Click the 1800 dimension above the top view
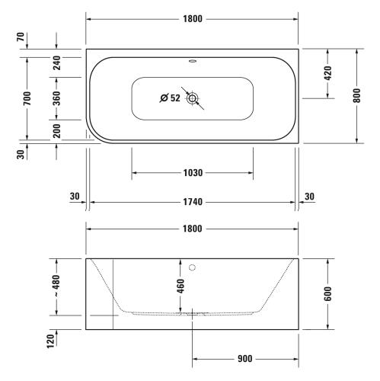click(x=193, y=19)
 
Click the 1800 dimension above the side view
click(x=193, y=229)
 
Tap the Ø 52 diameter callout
click(x=170, y=98)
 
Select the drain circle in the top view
click(x=193, y=98)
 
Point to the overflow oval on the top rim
click(x=193, y=61)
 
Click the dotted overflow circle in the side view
click(x=193, y=267)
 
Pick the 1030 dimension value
click(x=193, y=173)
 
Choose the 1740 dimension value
click(x=193, y=202)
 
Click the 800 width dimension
click(x=356, y=95)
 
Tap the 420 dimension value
click(x=327, y=73)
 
